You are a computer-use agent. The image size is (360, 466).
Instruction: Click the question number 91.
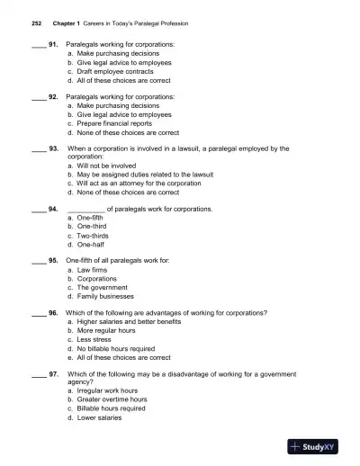[53, 44]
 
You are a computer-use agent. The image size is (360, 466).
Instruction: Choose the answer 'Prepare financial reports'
[112, 123]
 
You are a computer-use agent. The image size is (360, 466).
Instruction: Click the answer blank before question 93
[39, 149]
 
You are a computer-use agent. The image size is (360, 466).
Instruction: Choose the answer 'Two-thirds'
[93, 235]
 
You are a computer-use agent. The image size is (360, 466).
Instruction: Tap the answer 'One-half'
[91, 244]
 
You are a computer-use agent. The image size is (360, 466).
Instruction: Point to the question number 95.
[53, 260]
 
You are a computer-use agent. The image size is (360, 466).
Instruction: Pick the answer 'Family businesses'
[105, 295]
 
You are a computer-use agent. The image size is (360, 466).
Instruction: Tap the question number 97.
[53, 373]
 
